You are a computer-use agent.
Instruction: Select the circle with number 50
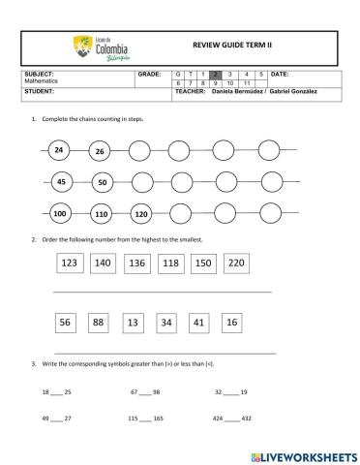click(x=103, y=182)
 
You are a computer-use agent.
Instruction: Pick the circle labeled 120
click(x=140, y=213)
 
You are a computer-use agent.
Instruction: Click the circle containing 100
click(x=60, y=213)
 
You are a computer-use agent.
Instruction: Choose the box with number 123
click(x=70, y=263)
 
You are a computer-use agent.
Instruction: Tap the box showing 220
click(x=235, y=263)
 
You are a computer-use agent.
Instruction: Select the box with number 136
click(x=136, y=263)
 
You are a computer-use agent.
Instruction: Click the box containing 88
click(x=98, y=323)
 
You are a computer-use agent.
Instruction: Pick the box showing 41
click(x=198, y=323)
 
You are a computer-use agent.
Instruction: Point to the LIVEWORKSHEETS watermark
click(x=303, y=453)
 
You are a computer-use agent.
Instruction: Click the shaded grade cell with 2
click(x=216, y=74)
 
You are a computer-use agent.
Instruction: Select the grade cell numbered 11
click(x=247, y=83)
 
